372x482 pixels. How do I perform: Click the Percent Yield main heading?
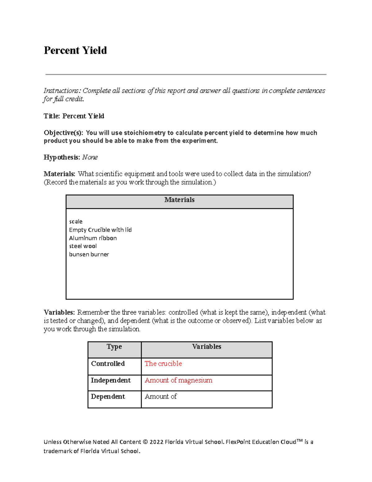[x=75, y=50]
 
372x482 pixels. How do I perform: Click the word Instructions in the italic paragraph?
[x=62, y=91]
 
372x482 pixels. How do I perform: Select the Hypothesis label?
[x=62, y=157]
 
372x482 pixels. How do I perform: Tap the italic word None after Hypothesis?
[x=90, y=157]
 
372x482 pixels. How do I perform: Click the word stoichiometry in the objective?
[x=144, y=133]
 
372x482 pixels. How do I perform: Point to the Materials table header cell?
[x=179, y=200]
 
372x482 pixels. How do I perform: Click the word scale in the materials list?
[x=76, y=222]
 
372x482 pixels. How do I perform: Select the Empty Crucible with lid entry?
[x=100, y=230]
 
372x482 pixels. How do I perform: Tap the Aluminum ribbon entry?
[x=93, y=238]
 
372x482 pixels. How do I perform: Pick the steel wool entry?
[x=83, y=246]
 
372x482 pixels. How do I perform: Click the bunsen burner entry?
[x=89, y=255]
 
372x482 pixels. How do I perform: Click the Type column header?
[x=114, y=347]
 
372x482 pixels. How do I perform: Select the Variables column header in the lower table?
[x=206, y=347]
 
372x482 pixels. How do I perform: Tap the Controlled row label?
[x=108, y=364]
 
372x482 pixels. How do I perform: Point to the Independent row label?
[x=111, y=381]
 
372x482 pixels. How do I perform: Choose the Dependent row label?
[x=108, y=397]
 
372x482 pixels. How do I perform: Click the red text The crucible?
[x=163, y=364]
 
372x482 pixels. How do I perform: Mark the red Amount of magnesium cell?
[x=179, y=381]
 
